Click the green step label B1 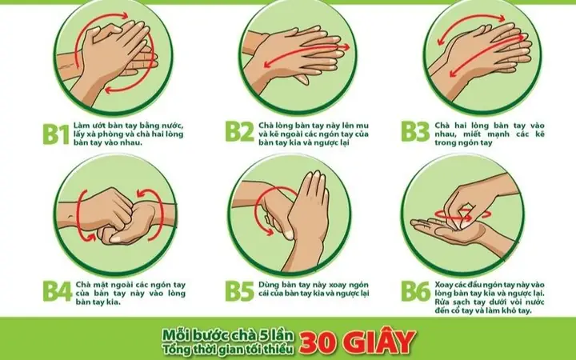tap(56, 134)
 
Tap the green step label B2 tap(239, 131)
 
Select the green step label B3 tap(415, 131)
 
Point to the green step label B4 tap(58, 291)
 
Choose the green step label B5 tap(239, 291)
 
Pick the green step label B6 tap(415, 291)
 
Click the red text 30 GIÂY tap(357, 342)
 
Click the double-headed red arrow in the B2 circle tap(306, 56)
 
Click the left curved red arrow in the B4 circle tap(82, 217)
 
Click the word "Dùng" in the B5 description tap(269, 285)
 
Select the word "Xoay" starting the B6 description tap(444, 285)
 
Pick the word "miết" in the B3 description tap(472, 134)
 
